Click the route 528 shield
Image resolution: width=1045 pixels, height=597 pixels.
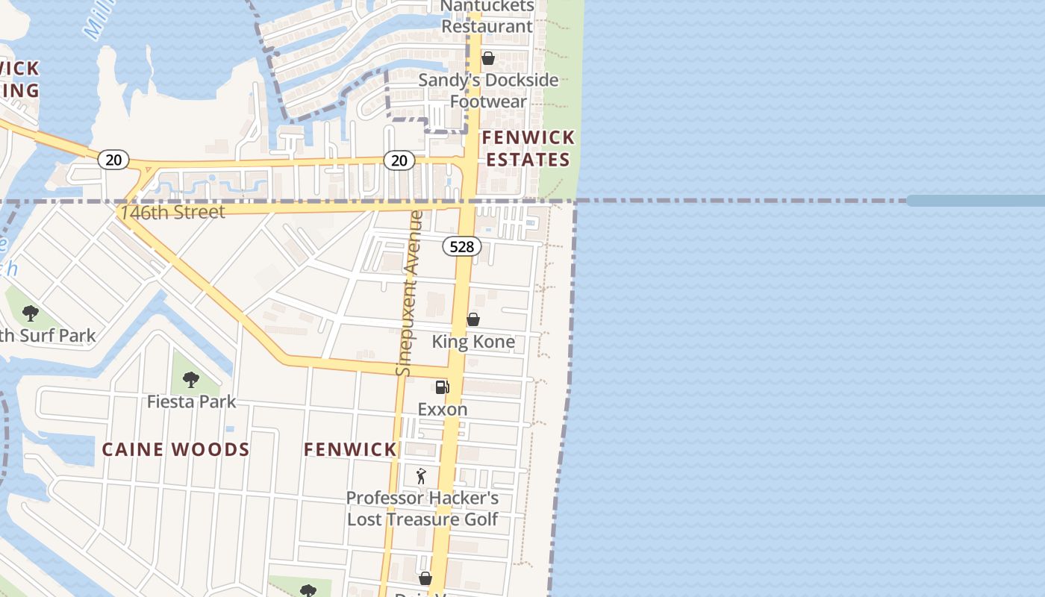tap(461, 246)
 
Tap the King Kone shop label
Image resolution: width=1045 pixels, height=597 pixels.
tap(473, 342)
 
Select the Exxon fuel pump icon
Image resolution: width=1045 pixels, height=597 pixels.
tap(442, 387)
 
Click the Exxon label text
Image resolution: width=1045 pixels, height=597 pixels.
tap(443, 409)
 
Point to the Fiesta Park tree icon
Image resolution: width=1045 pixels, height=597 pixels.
tap(191, 379)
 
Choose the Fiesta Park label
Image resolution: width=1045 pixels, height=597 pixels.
tap(191, 401)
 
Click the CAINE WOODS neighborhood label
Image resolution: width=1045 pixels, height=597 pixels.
tap(175, 449)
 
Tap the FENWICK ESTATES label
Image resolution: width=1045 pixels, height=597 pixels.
tap(528, 149)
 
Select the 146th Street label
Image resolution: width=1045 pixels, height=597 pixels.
tap(172, 212)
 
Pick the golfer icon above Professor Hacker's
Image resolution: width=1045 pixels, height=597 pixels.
tap(421, 475)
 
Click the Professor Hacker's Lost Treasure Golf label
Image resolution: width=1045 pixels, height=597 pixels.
tap(422, 508)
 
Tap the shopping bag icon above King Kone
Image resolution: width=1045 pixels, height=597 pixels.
tap(473, 319)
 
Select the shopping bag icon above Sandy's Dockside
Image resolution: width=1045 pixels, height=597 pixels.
tap(488, 57)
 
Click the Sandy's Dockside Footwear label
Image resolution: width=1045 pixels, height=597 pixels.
tap(488, 90)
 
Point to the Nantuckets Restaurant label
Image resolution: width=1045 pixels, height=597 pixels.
tap(487, 16)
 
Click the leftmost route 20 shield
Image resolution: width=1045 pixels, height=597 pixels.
tap(113, 160)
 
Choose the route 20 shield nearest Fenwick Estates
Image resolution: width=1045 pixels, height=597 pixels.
tap(399, 160)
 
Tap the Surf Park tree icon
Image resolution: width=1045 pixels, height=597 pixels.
tap(31, 313)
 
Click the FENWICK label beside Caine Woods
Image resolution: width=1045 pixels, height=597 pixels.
tap(350, 449)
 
